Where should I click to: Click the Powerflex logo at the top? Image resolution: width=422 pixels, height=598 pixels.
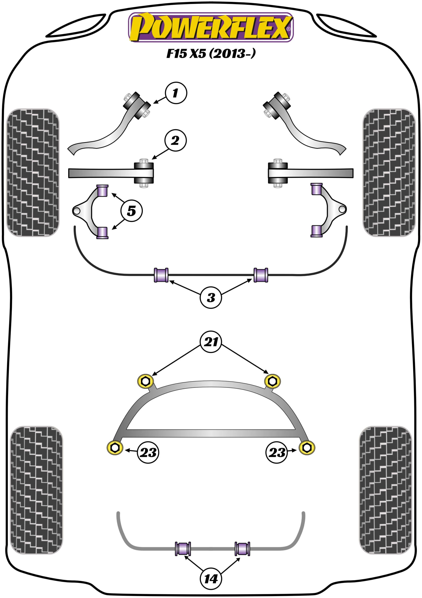(211, 27)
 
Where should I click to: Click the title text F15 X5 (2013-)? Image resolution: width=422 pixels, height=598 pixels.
(211, 54)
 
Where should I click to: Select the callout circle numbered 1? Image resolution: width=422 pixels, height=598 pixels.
(176, 93)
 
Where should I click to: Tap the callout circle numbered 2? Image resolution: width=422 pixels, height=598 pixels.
(175, 141)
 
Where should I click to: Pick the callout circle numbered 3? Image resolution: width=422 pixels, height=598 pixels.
(211, 297)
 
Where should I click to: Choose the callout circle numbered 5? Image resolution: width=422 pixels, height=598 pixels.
(131, 211)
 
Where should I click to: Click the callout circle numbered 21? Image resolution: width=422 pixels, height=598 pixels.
(211, 342)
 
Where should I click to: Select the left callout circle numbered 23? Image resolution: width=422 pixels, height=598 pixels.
(148, 452)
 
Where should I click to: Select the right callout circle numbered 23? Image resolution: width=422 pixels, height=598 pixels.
(277, 452)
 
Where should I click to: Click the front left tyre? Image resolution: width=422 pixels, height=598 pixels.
(33, 172)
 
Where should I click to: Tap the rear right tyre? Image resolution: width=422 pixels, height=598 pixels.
(385, 490)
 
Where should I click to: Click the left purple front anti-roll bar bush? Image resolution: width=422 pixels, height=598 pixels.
(161, 275)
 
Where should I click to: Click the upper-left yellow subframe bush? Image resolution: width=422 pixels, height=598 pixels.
(146, 381)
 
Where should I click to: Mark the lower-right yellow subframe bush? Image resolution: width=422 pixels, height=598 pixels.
(307, 448)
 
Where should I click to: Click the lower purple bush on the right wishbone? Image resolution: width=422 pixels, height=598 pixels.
(316, 231)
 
